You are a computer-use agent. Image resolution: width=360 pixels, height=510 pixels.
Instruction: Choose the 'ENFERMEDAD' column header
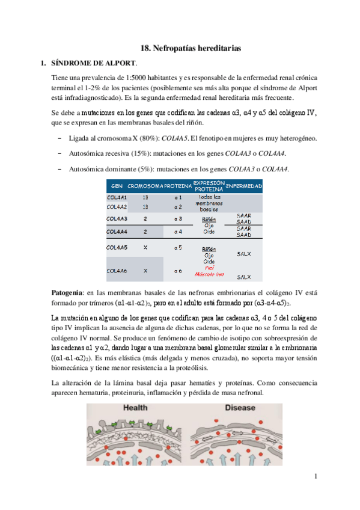pyautogui.click(x=243, y=186)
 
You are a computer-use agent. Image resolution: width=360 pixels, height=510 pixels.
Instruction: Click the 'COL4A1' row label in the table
pyautogui.click(x=117, y=197)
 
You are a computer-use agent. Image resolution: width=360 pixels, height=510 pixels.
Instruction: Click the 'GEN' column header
pyautogui.click(x=117, y=186)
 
